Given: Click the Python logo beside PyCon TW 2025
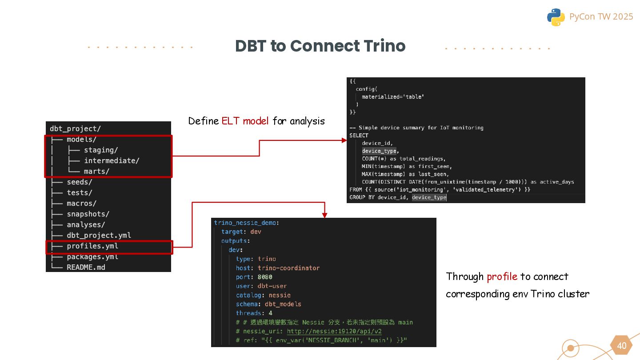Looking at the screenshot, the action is pos(556,17).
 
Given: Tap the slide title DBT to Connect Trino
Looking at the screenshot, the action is pos(320,46).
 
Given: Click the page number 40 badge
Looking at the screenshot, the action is pos(621,346).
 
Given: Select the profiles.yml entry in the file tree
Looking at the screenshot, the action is pos(92,246).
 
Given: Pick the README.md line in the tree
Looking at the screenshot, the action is pos(86,268).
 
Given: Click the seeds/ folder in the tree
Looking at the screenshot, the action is pos(80,182).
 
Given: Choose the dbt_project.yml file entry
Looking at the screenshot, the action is pos(99,236).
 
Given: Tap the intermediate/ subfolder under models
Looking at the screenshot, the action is pos(112,161).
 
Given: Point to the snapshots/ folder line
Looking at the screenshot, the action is pos(88,214).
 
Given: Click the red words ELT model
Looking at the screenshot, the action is pos(245,121).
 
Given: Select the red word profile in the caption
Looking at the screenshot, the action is pos(502,276).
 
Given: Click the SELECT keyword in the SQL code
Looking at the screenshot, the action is pos(359,136).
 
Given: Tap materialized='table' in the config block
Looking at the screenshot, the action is pos(392,97).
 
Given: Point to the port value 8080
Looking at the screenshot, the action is pos(265,277).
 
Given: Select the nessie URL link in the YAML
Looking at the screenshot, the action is pos(334,331).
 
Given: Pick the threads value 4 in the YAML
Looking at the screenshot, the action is pos(270,313).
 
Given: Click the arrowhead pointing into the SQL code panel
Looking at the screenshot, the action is pos(344,140).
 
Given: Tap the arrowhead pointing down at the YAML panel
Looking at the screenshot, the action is pos(324,215).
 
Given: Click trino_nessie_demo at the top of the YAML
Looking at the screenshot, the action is pos(246,223).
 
